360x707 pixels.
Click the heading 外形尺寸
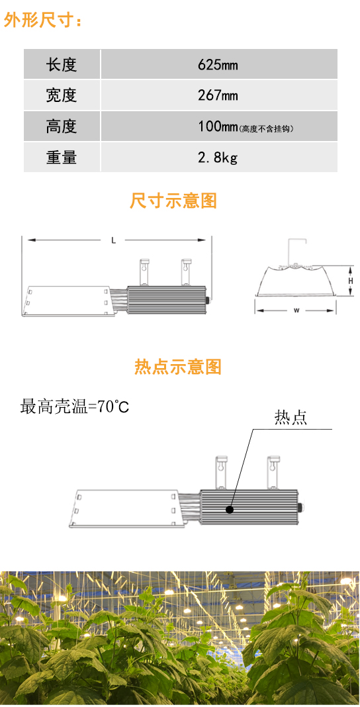coord(43,21)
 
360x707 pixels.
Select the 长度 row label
coord(62,66)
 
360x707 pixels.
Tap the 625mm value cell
coord(218,66)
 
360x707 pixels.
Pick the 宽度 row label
coord(62,95)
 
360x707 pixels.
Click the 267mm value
coord(218,95)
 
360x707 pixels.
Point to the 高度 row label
coord(62,126)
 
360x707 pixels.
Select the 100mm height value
coord(218,126)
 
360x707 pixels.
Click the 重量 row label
coord(62,157)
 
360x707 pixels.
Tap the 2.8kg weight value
coord(218,158)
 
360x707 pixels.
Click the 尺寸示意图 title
coord(173,201)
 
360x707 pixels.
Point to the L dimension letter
coord(114,241)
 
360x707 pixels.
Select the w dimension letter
coord(296,310)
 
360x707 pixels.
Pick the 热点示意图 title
coord(178,367)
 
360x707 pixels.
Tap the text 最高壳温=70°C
coord(75,406)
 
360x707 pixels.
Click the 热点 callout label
coord(291,418)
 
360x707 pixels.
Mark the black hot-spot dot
coord(230,510)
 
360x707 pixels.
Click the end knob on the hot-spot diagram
coord(301,506)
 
